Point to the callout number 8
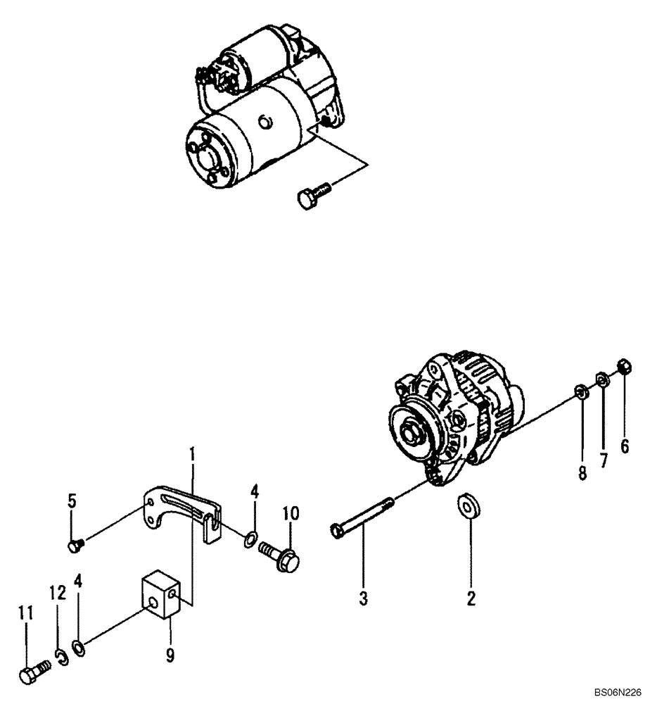click(x=582, y=472)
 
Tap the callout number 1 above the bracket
click(x=191, y=455)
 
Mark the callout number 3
click(x=363, y=598)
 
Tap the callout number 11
click(x=26, y=613)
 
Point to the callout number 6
click(x=624, y=447)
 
